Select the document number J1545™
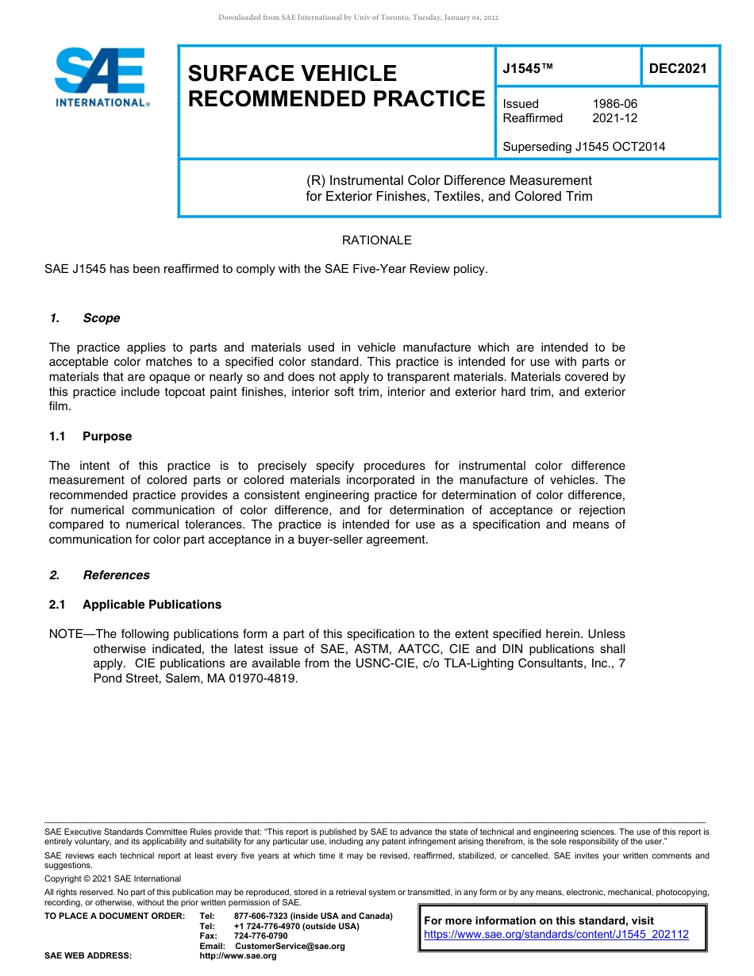click(x=527, y=69)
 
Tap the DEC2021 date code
click(x=678, y=68)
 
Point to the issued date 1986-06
click(x=614, y=104)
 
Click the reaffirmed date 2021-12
click(x=614, y=118)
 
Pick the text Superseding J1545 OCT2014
click(x=583, y=146)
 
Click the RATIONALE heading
click(x=376, y=240)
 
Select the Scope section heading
click(x=101, y=318)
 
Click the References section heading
click(x=116, y=575)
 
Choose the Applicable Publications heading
click(x=152, y=605)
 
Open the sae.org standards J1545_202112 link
click(x=556, y=935)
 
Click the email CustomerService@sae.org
click(x=290, y=946)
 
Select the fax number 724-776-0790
click(x=260, y=936)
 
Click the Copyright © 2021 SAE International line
click(x=113, y=878)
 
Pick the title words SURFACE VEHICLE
click(x=292, y=74)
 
